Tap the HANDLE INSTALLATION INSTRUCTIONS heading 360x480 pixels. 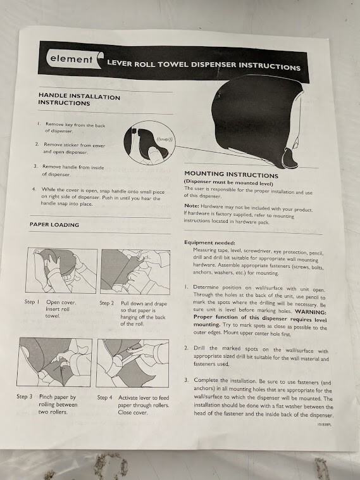[79, 99]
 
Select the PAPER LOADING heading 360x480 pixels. [54, 224]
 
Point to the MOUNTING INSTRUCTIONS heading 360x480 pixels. [231, 175]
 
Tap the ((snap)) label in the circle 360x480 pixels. [165, 139]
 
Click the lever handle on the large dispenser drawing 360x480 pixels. [290, 158]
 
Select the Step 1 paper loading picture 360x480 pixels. [62, 270]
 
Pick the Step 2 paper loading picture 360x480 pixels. [135, 272]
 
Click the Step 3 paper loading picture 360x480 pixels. [54, 362]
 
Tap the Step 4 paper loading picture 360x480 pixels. [132, 363]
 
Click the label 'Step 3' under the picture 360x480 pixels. [25, 396]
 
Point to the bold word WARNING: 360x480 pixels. [311, 313]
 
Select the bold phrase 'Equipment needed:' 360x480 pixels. [209, 243]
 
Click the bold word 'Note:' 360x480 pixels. [192, 206]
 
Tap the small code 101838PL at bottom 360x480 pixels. [324, 425]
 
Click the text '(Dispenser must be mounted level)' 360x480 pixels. [228, 183]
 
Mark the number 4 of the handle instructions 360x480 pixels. [34, 189]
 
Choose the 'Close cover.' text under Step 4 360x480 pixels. [133, 413]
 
